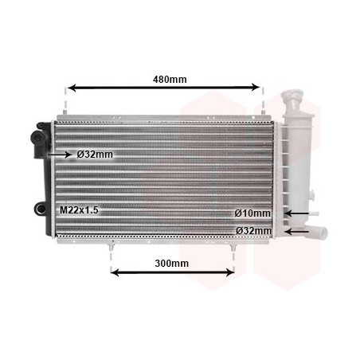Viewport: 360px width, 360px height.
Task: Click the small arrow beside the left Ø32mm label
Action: tap(61, 155)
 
